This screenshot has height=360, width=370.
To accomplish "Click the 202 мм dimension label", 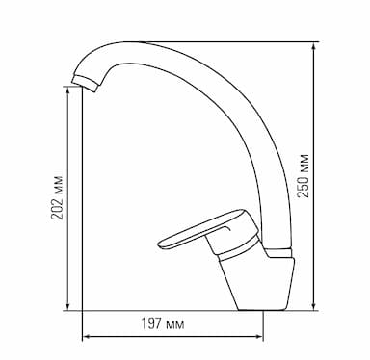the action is pos(57,197).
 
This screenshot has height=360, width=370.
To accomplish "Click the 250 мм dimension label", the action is pos(304,176).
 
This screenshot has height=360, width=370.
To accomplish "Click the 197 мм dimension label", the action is pos(163,323).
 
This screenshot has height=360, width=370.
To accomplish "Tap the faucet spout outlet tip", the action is pos(84,83).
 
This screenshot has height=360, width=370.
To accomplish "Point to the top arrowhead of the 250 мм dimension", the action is pos(314,46).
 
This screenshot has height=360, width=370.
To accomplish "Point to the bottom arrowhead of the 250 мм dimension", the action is pos(314,306).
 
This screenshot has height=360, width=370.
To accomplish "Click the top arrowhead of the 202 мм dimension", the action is pos(67,90).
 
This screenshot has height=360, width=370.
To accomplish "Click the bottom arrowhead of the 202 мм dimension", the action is pos(67,306).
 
